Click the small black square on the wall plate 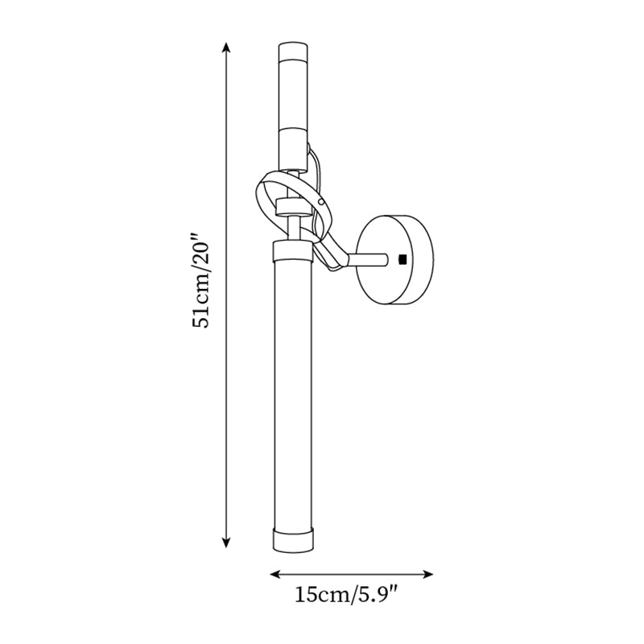(x=402, y=258)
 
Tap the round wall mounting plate (x=394, y=258)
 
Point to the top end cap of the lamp (x=291, y=54)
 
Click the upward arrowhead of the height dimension (x=225, y=48)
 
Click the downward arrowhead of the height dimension (x=225, y=544)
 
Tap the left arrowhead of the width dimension (x=272, y=575)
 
